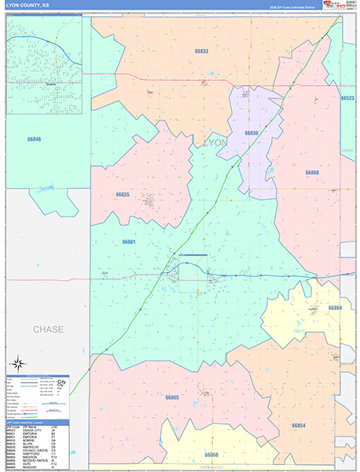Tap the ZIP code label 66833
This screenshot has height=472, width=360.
[x=202, y=51]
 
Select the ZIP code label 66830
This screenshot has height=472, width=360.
[x=252, y=133]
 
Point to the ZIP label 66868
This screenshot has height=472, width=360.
[x=312, y=172]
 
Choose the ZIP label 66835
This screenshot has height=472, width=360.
[x=123, y=194]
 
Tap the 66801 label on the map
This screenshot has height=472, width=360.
[x=129, y=242]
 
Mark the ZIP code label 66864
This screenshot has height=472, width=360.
[x=336, y=308]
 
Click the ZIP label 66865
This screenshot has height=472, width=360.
[x=172, y=397]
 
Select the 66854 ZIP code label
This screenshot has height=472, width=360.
[x=299, y=426]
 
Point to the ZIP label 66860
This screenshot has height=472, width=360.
[x=211, y=455]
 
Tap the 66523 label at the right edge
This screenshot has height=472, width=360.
[x=347, y=98]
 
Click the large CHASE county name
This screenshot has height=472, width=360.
[x=48, y=329]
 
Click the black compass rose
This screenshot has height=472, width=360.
[x=18, y=364]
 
